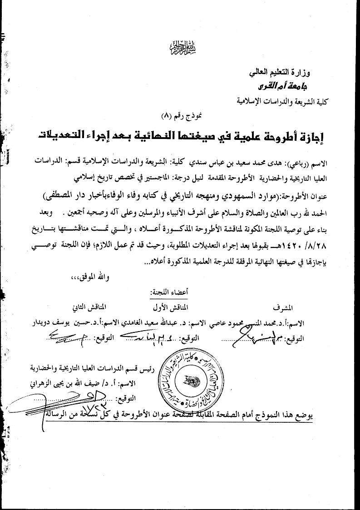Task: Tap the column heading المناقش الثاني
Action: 91,307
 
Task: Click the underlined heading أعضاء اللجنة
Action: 169,291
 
